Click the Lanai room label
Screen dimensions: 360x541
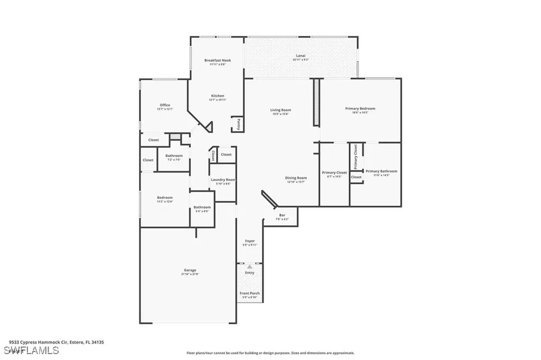point(300,55)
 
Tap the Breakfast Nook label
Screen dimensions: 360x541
point(218,61)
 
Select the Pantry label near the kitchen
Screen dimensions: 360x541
point(238,125)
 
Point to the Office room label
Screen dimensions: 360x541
point(165,105)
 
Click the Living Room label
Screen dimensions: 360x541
point(281,110)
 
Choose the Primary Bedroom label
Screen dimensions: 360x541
point(360,109)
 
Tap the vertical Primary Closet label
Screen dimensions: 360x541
point(356,157)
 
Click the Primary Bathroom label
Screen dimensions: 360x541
point(381,171)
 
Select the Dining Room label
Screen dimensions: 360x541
point(296,178)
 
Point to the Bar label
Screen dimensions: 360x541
point(282,215)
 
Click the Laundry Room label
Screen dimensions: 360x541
point(223,180)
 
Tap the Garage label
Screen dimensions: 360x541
point(190,270)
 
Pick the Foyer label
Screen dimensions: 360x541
point(249,241)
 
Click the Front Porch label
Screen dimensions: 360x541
point(249,293)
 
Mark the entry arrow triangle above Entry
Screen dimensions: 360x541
point(249,267)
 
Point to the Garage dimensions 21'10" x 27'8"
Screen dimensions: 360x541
point(190,274)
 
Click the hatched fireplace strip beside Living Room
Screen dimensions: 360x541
point(316,102)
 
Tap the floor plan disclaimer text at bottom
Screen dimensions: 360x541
point(270,353)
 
